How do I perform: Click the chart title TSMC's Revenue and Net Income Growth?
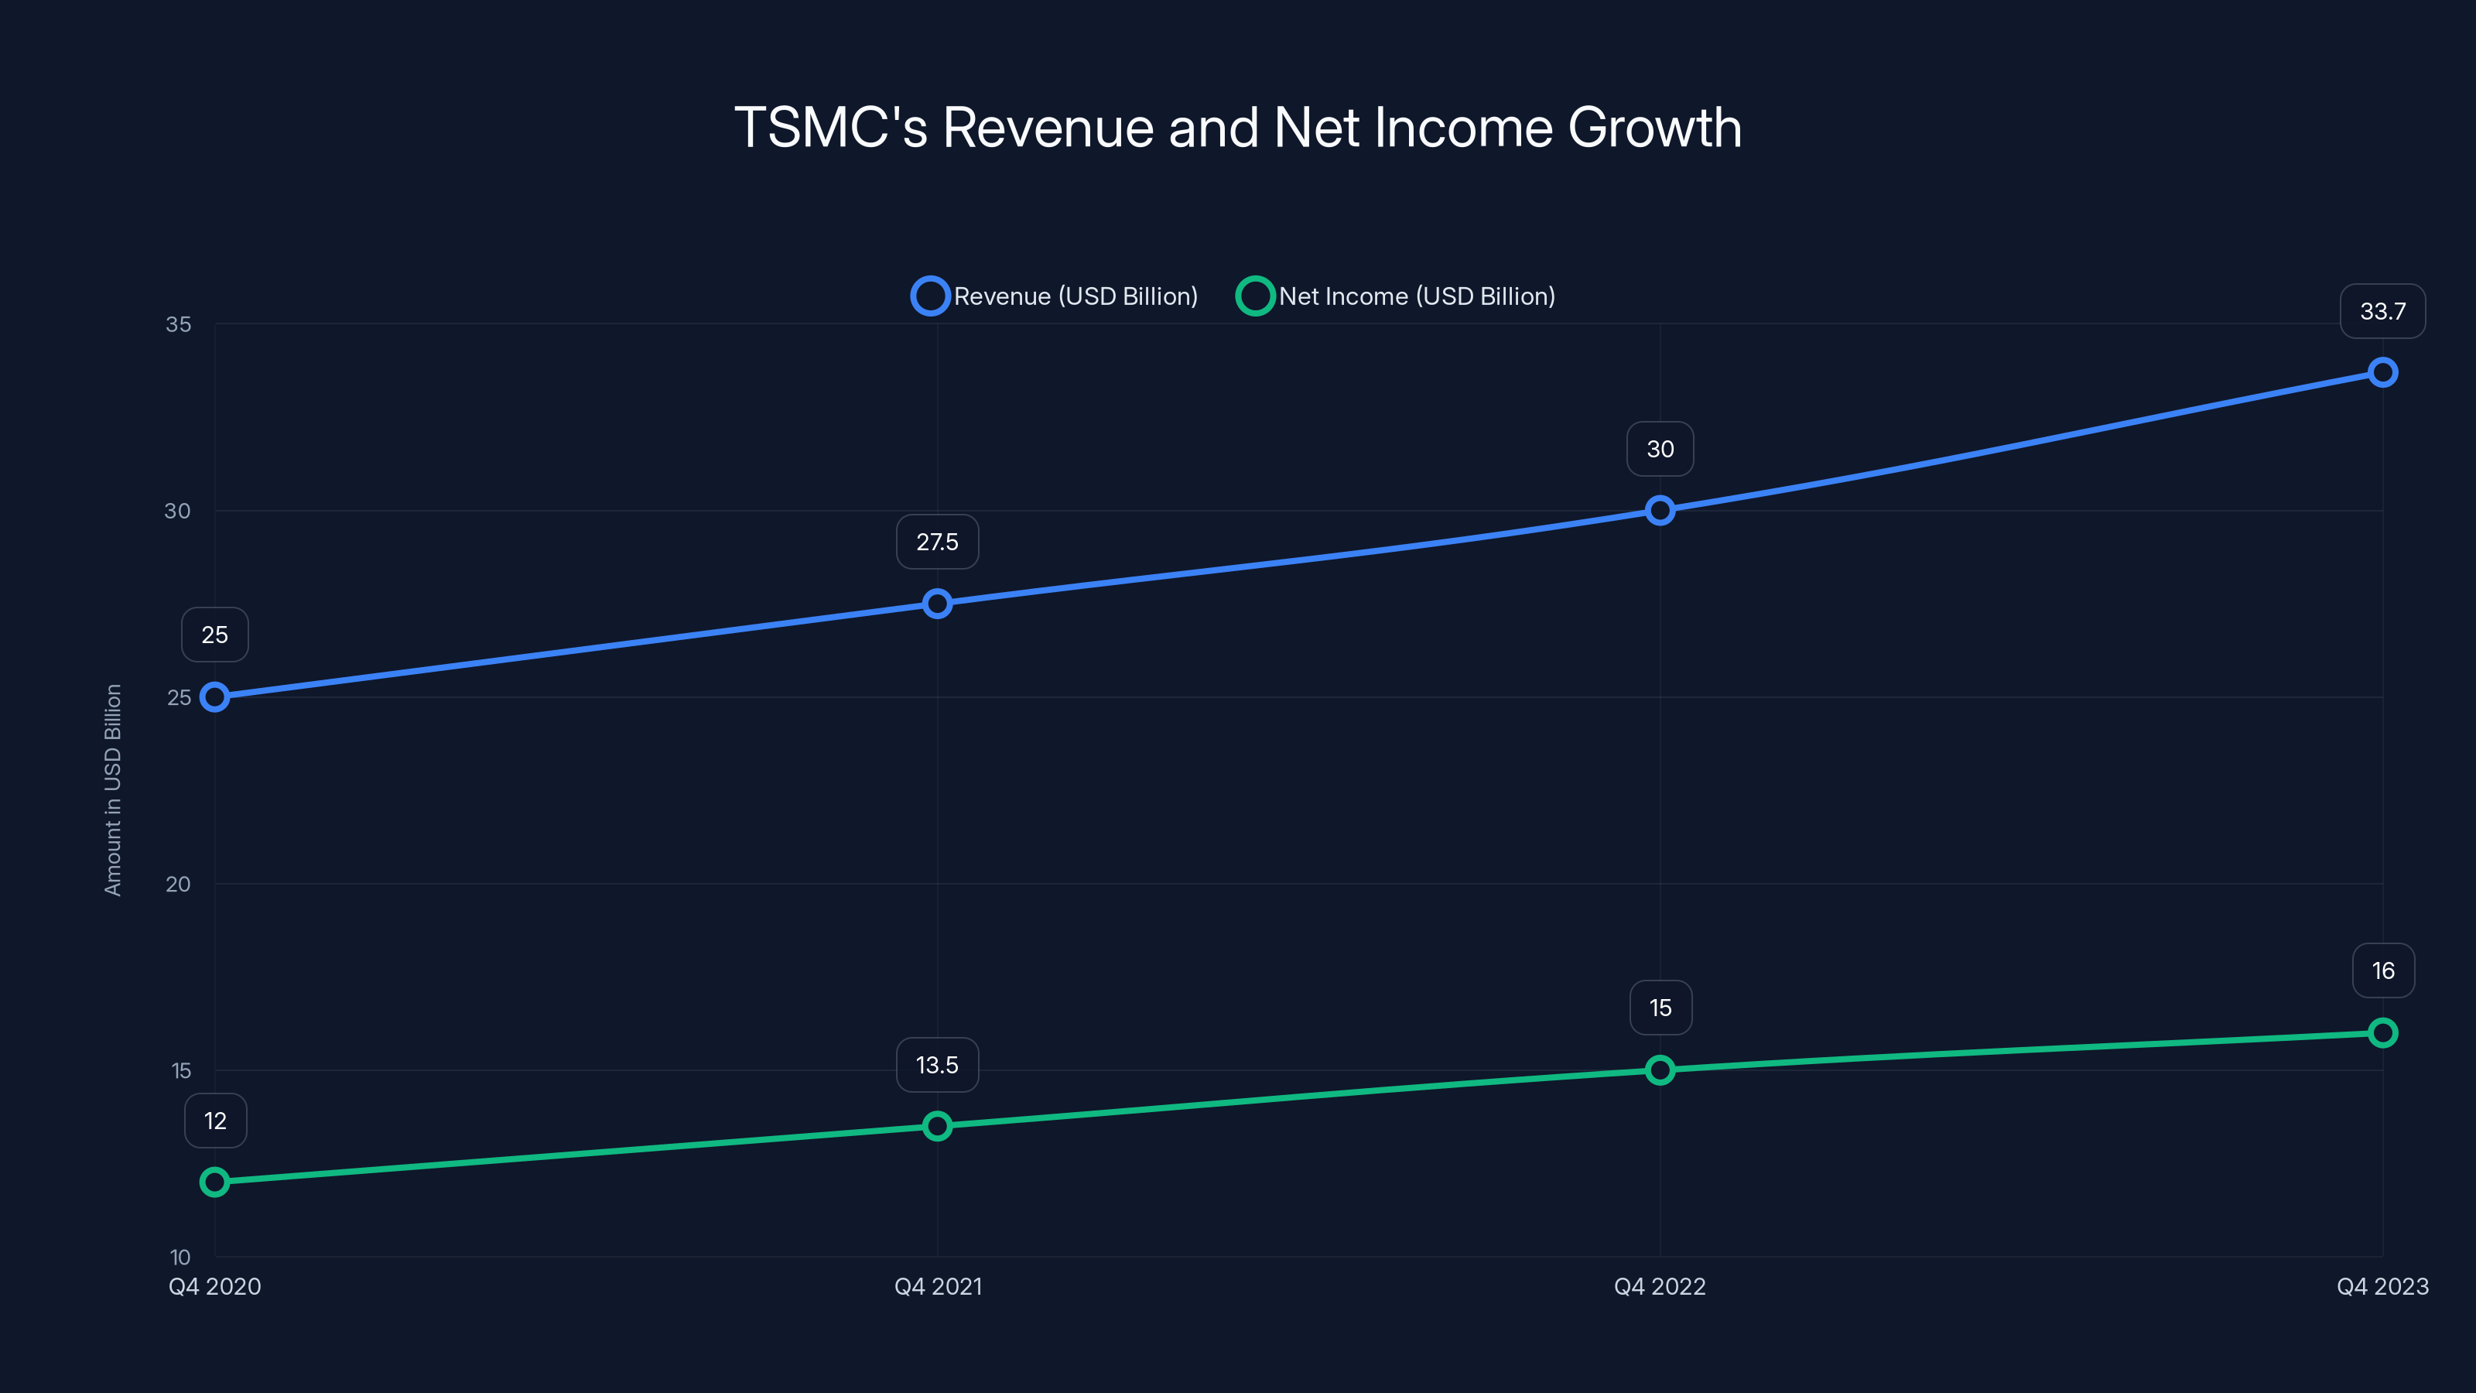pyautogui.click(x=1238, y=128)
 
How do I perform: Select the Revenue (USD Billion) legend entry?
pyautogui.click(x=1055, y=296)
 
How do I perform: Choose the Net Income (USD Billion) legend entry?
pyautogui.click(x=1397, y=296)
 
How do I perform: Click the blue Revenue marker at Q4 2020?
pyautogui.click(x=214, y=697)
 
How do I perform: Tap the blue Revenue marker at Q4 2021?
pyautogui.click(x=937, y=604)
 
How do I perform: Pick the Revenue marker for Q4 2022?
pyautogui.click(x=1660, y=511)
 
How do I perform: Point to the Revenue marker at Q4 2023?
pyautogui.click(x=2383, y=372)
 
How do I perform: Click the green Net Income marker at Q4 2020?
pyautogui.click(x=214, y=1182)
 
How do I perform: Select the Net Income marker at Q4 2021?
pyautogui.click(x=937, y=1126)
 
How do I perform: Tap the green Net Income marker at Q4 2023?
pyautogui.click(x=2383, y=1032)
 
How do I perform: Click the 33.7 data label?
pyautogui.click(x=2383, y=311)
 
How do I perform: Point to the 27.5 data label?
pyautogui.click(x=937, y=542)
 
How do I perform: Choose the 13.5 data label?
pyautogui.click(x=937, y=1065)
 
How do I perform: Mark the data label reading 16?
pyautogui.click(x=2383, y=971)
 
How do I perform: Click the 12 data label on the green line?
pyautogui.click(x=215, y=1121)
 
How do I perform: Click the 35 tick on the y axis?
pyautogui.click(x=179, y=324)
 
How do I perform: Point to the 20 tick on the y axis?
pyautogui.click(x=179, y=885)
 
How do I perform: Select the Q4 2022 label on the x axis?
pyautogui.click(x=1660, y=1286)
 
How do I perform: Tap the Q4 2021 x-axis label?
pyautogui.click(x=938, y=1286)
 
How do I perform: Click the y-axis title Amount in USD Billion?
pyautogui.click(x=114, y=790)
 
